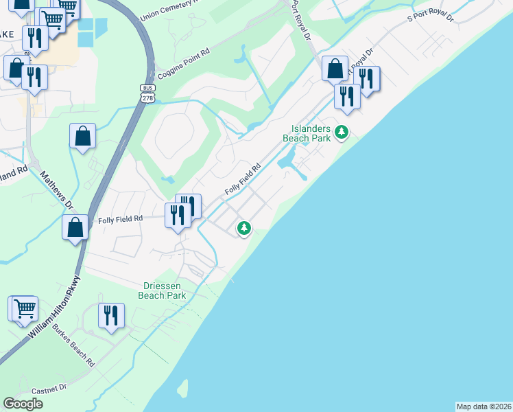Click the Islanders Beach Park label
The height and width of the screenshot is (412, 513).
pos(311,133)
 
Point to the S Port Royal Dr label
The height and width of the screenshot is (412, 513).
pos(431,16)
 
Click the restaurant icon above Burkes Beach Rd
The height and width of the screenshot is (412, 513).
pos(111,315)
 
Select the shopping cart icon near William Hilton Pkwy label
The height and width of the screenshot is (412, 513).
pos(25,308)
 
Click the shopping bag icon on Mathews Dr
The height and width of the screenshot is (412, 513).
pos(75,227)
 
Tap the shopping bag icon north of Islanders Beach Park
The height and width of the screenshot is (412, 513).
pos(335,69)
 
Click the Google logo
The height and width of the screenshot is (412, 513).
pos(23,404)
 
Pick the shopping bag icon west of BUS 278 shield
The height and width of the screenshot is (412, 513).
pos(82,136)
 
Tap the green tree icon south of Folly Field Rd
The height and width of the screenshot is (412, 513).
pos(243,227)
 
